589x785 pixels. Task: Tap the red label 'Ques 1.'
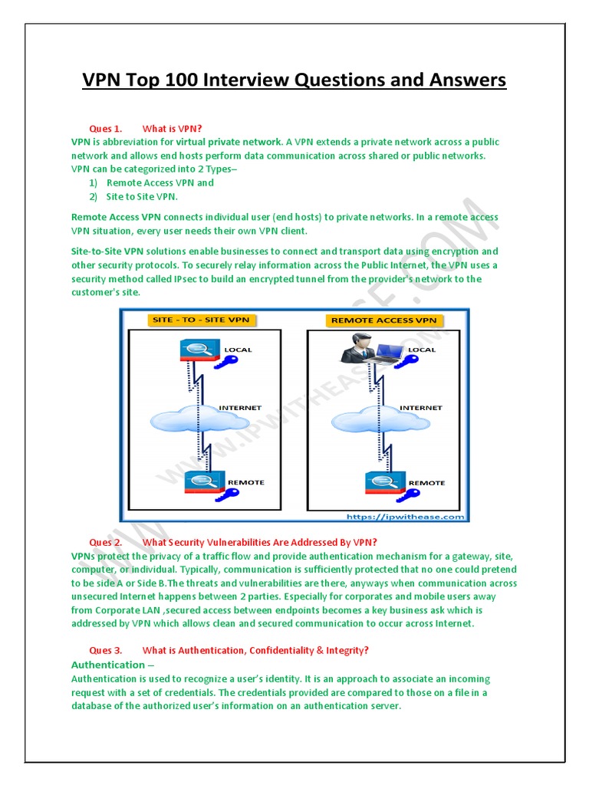[106, 128]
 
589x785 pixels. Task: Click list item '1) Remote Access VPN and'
[152, 182]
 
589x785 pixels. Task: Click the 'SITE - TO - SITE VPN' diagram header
[202, 320]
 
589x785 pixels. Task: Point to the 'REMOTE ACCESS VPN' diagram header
[383, 320]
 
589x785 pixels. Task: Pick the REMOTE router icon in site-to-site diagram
[201, 481]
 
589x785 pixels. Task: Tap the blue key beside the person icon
[408, 364]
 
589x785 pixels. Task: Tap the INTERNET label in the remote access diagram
[420, 408]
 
